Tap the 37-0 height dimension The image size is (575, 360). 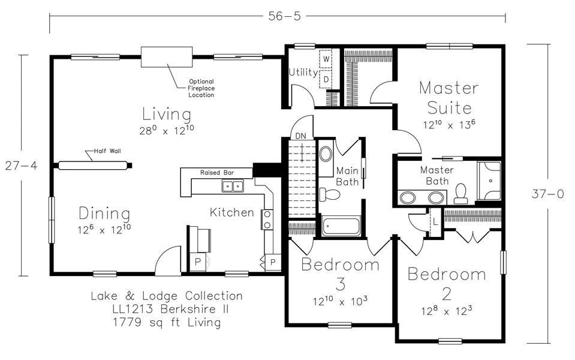tap(548, 194)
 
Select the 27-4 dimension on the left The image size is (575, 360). tap(21, 166)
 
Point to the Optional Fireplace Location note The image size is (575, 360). tap(201, 88)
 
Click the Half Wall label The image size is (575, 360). tap(107, 151)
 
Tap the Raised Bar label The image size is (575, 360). tap(216, 172)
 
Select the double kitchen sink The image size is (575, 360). tap(233, 187)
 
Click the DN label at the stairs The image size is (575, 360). tap(301, 136)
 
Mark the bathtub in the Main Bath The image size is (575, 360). tap(341, 227)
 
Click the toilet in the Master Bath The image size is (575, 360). tap(460, 194)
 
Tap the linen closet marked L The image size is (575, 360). tap(435, 222)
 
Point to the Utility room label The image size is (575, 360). tap(303, 72)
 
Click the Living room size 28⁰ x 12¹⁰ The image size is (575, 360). tap(167, 130)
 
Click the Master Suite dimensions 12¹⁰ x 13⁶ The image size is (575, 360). tap(449, 124)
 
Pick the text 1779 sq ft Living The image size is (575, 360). tap(167, 322)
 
